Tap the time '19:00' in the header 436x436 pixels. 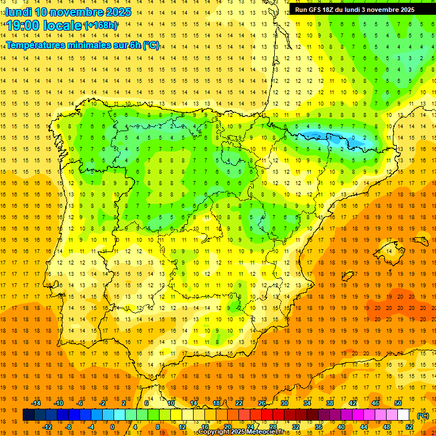[23, 26]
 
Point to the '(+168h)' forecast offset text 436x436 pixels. [101, 26]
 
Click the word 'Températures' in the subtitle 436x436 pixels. [36, 45]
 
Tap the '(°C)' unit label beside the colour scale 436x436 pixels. [422, 416]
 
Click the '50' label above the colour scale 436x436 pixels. [398, 403]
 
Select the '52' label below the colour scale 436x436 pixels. [409, 427]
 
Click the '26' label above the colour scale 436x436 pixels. [262, 403]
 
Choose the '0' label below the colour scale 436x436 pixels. [112, 427]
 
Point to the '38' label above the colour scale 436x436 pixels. [330, 403]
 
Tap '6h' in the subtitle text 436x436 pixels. [135, 45]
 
